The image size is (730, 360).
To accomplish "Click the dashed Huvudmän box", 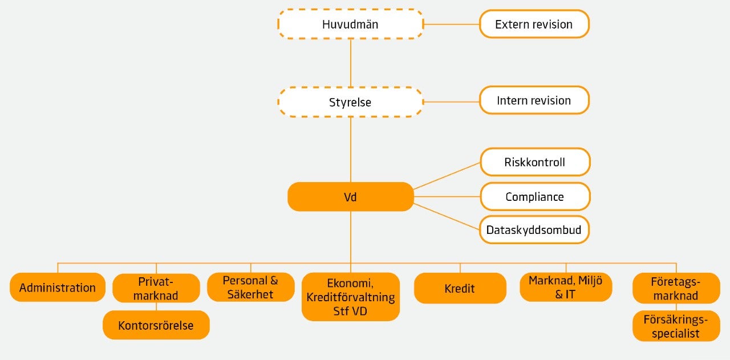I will (x=350, y=25).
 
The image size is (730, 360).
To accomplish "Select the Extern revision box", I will (x=534, y=25).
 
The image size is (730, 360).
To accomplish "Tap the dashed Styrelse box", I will (x=350, y=102).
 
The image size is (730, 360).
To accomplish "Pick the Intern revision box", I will (x=534, y=100).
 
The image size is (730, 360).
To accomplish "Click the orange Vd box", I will (x=350, y=197).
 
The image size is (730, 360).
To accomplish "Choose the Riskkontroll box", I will (x=534, y=162).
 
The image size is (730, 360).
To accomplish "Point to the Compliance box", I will (x=534, y=197).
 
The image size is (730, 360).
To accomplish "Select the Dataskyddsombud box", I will (x=534, y=230).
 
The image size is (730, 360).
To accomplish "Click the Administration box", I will (x=58, y=288).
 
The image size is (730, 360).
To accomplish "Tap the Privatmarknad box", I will (x=156, y=288).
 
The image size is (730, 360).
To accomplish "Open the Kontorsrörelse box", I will (x=156, y=325).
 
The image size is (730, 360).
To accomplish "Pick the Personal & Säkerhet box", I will (x=250, y=287).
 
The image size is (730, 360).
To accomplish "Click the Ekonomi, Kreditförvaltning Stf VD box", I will (x=350, y=297).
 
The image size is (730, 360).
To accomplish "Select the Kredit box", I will (x=460, y=288).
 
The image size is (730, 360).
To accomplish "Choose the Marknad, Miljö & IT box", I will (x=566, y=287).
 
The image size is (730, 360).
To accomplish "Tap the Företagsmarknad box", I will (x=676, y=288).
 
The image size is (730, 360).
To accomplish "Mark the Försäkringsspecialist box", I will (x=676, y=326).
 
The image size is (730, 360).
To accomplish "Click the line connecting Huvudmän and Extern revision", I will (x=451, y=25).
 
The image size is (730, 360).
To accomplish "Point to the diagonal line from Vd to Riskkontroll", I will (x=447, y=175).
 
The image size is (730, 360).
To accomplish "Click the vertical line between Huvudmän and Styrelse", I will (x=350, y=63).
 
